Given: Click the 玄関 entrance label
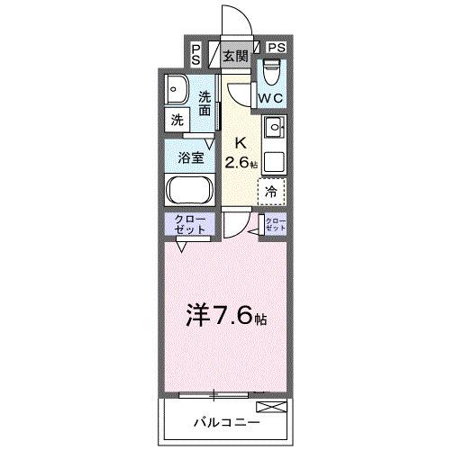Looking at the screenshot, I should (235, 56).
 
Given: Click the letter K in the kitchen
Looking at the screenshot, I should (241, 142).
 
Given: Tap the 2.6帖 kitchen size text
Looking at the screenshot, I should (241, 163).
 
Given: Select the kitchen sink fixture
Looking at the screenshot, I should (273, 127).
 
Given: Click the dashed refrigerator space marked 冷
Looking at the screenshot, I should (271, 191).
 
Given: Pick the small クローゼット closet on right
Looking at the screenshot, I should (274, 226).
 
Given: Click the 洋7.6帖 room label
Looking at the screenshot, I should (226, 316).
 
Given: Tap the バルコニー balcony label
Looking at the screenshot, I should (227, 421).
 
